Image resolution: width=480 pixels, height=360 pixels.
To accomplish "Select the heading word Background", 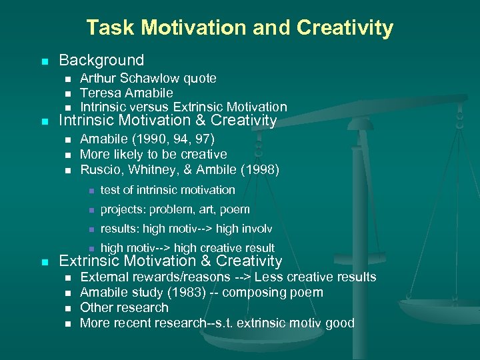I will coord(101,61).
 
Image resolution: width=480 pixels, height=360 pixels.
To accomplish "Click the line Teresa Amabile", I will coord(126,93).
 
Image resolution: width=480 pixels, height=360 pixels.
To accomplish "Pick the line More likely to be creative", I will coord(153,154).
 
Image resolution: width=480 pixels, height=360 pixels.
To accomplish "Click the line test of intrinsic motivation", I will coord(167,190).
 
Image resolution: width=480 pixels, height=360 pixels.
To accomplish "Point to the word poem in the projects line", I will coord(236,209).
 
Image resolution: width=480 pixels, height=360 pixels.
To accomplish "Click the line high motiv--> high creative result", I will coord(187,248).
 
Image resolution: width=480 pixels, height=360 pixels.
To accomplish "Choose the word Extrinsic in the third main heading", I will coord(89,261).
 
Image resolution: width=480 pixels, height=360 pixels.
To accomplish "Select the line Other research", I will coord(124,307).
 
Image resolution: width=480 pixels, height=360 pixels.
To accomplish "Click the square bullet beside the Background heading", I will coord(44,61).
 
